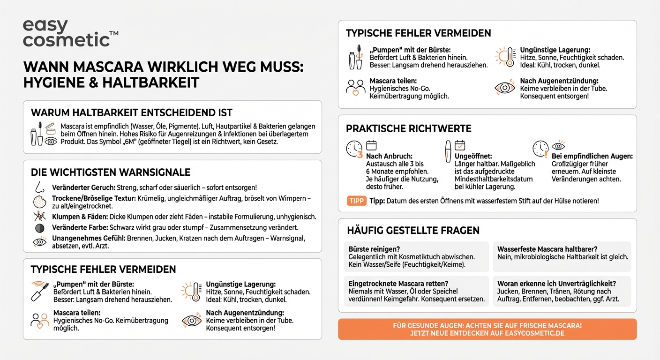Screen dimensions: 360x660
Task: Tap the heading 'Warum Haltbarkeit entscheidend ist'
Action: tap(131, 113)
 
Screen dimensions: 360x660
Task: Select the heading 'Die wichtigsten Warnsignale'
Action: tap(110, 172)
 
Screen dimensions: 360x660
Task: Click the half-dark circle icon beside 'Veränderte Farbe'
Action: tap(39, 228)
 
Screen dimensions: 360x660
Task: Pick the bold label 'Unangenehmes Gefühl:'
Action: tap(87, 238)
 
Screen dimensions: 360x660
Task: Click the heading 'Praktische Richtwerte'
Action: tap(408, 128)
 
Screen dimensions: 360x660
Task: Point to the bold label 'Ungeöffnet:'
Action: tap(473, 156)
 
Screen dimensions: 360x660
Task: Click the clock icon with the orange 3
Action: tap(354, 149)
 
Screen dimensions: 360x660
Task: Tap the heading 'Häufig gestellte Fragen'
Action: tap(413, 230)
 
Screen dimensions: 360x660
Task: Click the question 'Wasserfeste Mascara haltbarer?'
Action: tap(547, 249)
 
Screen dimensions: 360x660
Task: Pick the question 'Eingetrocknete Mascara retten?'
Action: tap(398, 284)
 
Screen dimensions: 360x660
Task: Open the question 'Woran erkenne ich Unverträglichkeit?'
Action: tap(556, 284)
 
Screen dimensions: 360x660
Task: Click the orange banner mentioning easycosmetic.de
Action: tap(487, 329)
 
